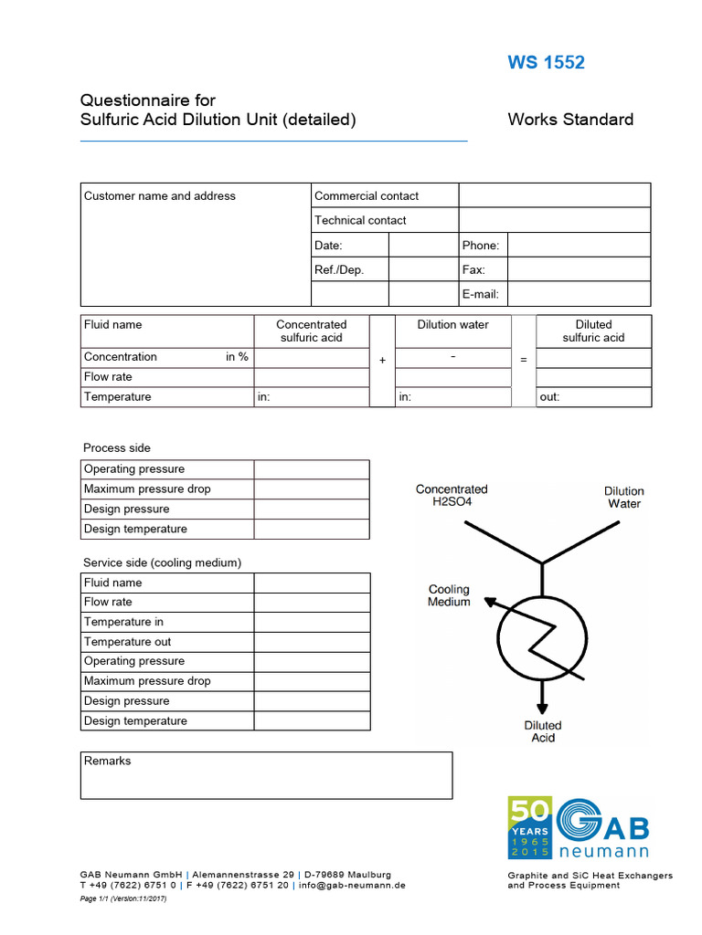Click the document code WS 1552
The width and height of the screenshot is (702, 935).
tap(546, 63)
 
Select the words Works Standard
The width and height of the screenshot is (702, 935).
tap(569, 120)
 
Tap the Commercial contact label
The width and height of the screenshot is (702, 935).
tap(366, 195)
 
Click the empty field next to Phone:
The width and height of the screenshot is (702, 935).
tap(579, 245)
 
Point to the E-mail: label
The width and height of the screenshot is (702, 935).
tap(480, 294)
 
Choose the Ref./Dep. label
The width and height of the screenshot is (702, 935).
tap(338, 269)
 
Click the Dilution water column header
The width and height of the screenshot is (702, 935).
tap(452, 325)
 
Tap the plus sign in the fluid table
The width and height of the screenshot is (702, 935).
tap(382, 361)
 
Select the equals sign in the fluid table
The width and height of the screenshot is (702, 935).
tap(523, 361)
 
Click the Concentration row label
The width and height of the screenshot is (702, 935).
tap(121, 357)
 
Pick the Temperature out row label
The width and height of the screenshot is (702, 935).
tap(127, 642)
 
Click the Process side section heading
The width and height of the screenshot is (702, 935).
tap(117, 448)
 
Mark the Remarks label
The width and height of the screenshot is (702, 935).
tap(107, 761)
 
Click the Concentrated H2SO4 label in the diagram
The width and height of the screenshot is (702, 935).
tap(452, 496)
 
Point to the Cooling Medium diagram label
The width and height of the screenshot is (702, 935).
tap(449, 596)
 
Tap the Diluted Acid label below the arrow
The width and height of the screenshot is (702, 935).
tap(543, 731)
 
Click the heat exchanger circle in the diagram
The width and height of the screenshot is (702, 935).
tap(542, 639)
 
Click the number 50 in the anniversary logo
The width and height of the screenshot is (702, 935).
tap(528, 811)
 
